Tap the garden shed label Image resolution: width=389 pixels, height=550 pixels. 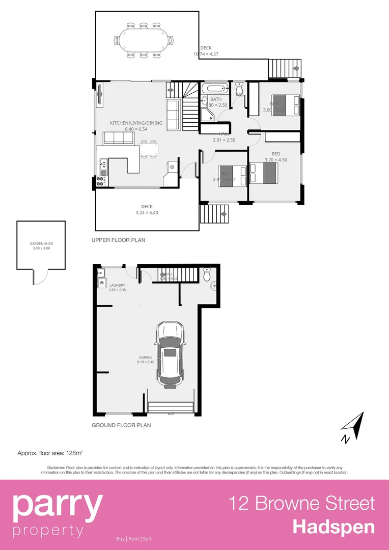pyautogui.click(x=41, y=246)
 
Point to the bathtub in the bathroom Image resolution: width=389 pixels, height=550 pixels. pyautogui.click(x=216, y=89)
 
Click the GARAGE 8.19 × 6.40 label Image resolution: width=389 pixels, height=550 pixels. pyautogui.click(x=145, y=360)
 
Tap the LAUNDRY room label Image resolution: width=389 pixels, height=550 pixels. pyautogui.click(x=117, y=288)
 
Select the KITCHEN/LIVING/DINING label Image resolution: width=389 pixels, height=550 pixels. pyautogui.click(x=136, y=126)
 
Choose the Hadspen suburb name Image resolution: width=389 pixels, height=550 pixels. pyautogui.click(x=334, y=527)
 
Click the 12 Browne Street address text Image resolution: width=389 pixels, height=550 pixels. pyautogui.click(x=301, y=503)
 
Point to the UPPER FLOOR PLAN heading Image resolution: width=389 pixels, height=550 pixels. pyautogui.click(x=118, y=240)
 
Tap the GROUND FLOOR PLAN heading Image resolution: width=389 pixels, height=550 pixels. pyautogui.click(x=121, y=425)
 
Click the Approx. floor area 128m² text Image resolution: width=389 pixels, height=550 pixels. pyautogui.click(x=50, y=452)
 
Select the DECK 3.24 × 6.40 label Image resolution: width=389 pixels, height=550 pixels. pyautogui.click(x=147, y=209)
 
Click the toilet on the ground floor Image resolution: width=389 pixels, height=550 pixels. pyautogui.click(x=207, y=275)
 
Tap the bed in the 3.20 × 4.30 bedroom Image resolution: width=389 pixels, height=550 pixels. pyautogui.click(x=264, y=173)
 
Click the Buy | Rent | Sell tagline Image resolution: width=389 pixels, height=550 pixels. pyautogui.click(x=133, y=539)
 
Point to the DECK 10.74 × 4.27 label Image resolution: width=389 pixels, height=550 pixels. pyautogui.click(x=206, y=51)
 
